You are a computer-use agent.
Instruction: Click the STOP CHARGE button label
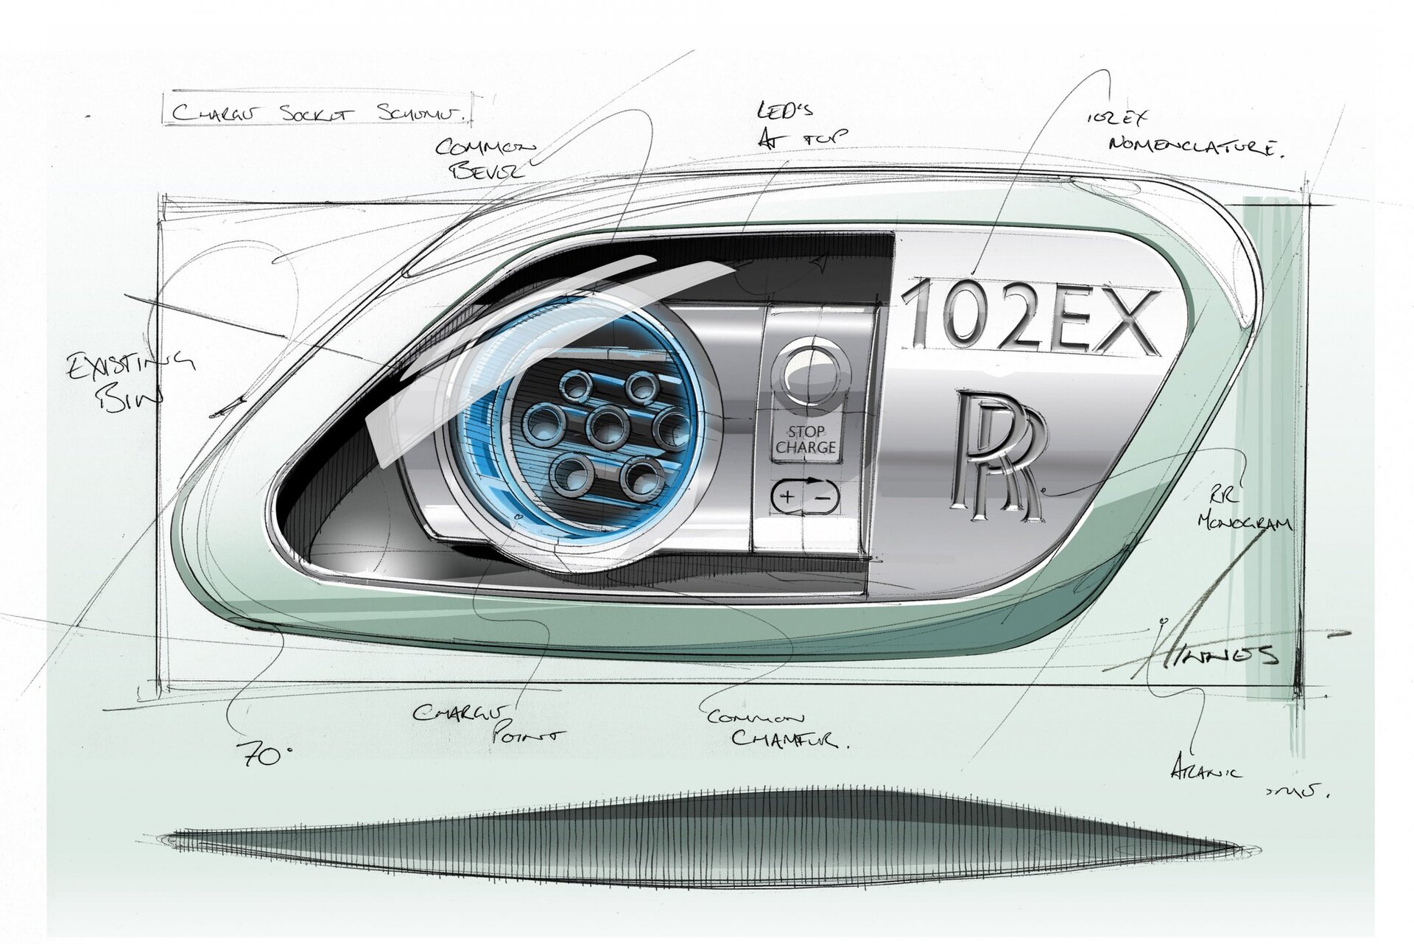click(x=806, y=439)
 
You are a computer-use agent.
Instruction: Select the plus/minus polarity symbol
click(x=805, y=497)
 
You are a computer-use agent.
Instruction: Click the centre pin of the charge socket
click(x=608, y=426)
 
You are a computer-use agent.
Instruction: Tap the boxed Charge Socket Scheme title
click(x=317, y=113)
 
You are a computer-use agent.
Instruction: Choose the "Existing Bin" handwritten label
click(x=129, y=380)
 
